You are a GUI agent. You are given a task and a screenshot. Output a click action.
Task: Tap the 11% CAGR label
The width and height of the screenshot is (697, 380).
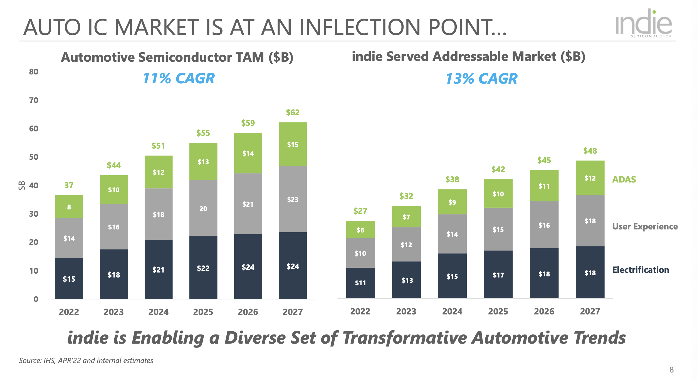[179, 78]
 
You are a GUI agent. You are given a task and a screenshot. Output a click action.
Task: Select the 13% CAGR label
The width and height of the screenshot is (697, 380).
[481, 79]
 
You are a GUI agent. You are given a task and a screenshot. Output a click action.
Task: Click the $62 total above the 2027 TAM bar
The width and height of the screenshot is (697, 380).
[293, 112]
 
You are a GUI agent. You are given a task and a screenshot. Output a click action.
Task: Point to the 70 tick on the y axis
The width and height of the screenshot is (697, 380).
[34, 100]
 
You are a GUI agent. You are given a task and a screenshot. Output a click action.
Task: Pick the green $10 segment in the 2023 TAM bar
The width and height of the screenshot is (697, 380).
[114, 190]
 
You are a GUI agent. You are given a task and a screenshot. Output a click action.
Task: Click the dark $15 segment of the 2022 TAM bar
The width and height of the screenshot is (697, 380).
[69, 279]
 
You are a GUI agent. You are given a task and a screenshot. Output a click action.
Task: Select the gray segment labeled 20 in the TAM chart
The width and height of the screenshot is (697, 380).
[203, 209]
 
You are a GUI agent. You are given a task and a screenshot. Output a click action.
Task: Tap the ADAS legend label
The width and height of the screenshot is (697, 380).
[624, 179]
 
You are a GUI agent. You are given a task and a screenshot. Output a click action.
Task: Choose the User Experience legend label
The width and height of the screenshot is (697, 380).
[645, 227]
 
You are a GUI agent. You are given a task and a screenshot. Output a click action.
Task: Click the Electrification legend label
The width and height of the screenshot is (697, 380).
[641, 270]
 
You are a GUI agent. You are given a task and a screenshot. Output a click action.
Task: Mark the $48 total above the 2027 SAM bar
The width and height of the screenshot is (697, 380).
[590, 151]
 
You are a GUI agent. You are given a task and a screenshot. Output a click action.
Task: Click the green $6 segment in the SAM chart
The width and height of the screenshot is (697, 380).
[360, 230]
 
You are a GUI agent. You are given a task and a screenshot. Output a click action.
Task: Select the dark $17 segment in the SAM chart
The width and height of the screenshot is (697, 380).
[498, 275]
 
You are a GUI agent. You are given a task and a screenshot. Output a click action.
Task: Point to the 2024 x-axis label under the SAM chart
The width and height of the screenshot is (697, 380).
[452, 311]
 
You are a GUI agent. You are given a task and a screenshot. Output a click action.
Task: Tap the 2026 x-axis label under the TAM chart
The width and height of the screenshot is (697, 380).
[248, 312]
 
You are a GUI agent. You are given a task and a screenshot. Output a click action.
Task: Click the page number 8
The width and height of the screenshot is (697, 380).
[671, 370]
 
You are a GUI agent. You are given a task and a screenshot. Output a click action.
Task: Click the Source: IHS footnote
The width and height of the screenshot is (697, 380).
[86, 361]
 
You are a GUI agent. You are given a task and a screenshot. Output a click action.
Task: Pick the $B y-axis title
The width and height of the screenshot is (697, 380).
[21, 185]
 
